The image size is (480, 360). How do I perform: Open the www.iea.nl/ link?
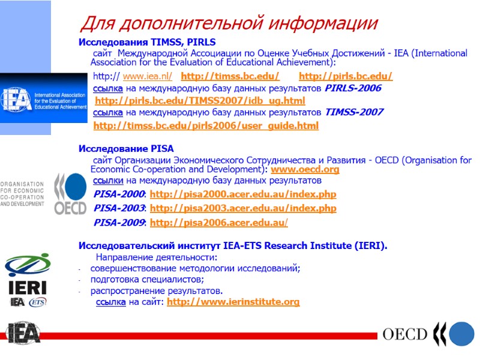point(148,76)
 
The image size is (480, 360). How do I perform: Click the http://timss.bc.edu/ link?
point(230,76)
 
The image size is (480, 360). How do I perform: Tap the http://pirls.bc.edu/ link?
point(346,76)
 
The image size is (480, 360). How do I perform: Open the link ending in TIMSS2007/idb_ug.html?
point(200,100)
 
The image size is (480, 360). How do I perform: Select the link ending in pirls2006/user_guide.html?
point(206,125)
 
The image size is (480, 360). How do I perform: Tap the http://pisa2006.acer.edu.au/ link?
point(218,223)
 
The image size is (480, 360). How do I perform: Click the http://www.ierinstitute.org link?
point(233,301)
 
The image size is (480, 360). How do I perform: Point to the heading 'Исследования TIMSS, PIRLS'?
point(147,42)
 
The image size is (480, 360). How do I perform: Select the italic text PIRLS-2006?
point(352,88)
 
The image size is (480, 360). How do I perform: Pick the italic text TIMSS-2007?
point(353,112)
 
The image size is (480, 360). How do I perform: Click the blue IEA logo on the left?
point(43,98)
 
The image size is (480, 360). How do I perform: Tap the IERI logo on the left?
point(28,281)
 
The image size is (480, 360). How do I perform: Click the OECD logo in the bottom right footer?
point(427,334)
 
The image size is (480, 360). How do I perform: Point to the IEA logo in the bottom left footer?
point(23,334)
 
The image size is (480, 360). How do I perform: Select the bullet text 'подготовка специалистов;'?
point(147,280)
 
